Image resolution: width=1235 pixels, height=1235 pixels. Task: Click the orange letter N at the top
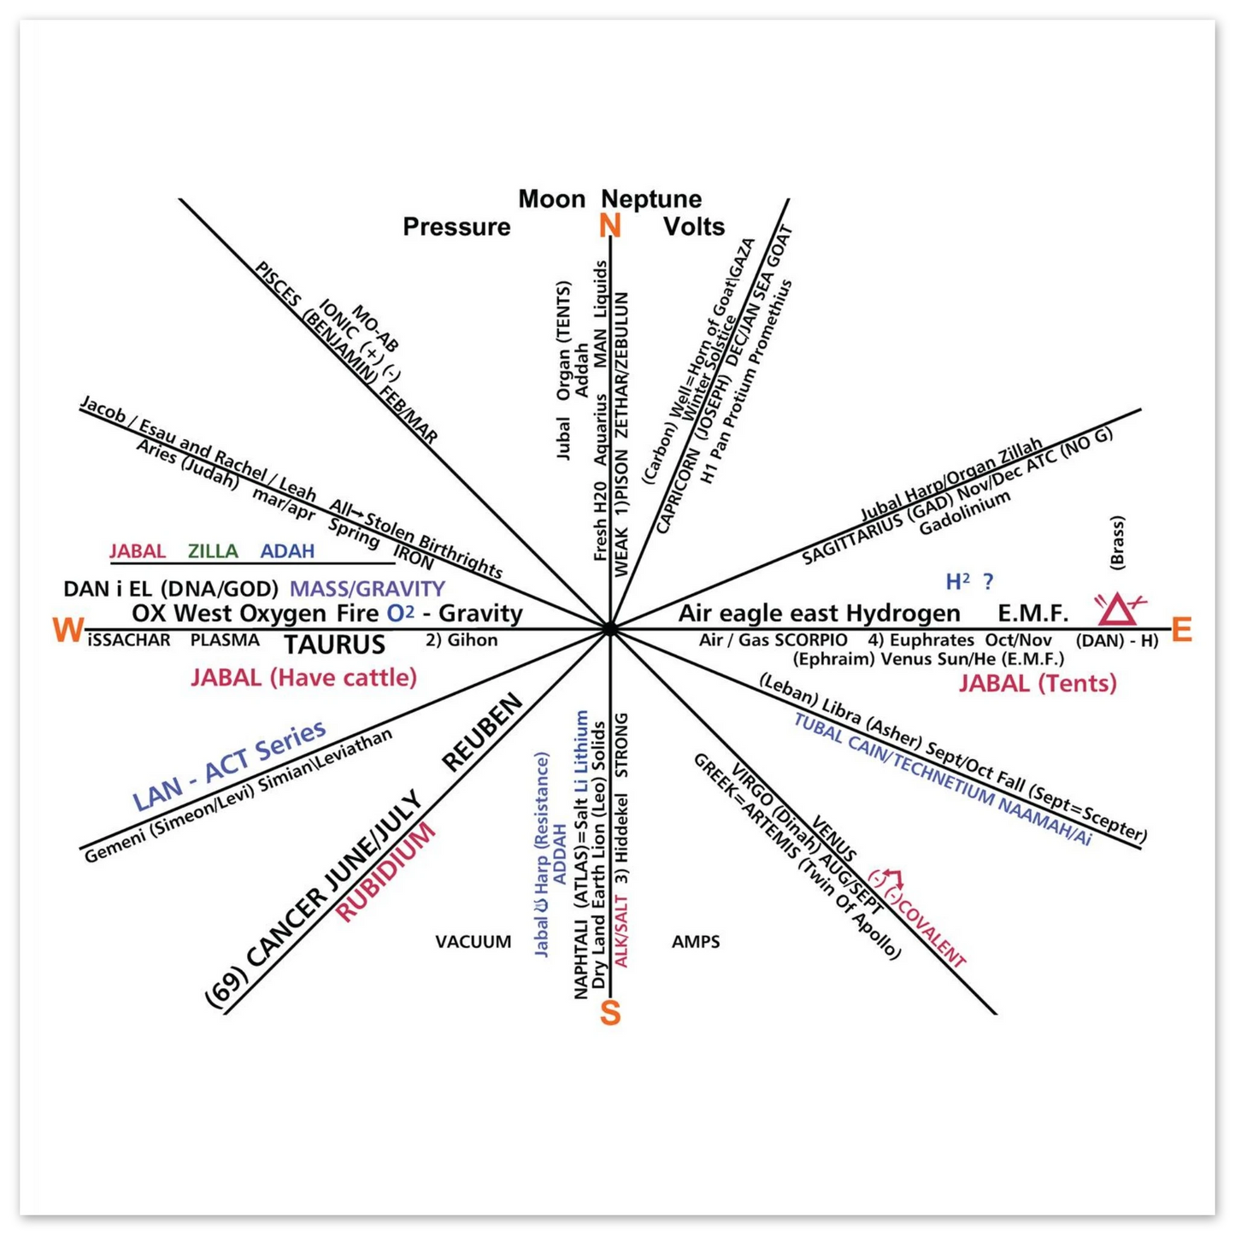coord(609,226)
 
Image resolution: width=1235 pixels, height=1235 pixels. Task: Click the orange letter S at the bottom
coord(609,1013)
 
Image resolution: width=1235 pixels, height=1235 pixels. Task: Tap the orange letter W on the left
coord(68,631)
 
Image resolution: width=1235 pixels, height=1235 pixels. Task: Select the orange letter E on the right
coord(1181,630)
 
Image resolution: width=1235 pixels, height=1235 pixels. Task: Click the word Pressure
coord(456,226)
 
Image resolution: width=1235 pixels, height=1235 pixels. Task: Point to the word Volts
coord(694,226)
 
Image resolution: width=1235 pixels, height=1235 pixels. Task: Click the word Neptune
coord(651,199)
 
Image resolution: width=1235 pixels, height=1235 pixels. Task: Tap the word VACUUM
coord(473,942)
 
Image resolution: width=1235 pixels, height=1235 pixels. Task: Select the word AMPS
coord(696,942)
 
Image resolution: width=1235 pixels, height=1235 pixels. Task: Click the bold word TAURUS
coord(335,644)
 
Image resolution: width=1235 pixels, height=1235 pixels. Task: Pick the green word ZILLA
coord(213,551)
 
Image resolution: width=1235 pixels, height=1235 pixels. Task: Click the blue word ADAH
coord(287,551)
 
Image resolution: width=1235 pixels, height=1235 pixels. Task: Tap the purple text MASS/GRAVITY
coord(368,589)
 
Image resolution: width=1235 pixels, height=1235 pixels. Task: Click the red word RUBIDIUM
coord(386,872)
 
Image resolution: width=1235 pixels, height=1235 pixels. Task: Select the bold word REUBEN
coord(482,733)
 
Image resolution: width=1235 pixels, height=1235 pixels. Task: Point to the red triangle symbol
coord(1118,610)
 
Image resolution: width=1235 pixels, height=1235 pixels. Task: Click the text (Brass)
coord(1116,542)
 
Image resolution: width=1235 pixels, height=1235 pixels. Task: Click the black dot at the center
coord(609,629)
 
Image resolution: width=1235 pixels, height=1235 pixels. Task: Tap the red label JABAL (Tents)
coord(1038,684)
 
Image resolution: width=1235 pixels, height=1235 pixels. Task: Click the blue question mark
coord(989,582)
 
